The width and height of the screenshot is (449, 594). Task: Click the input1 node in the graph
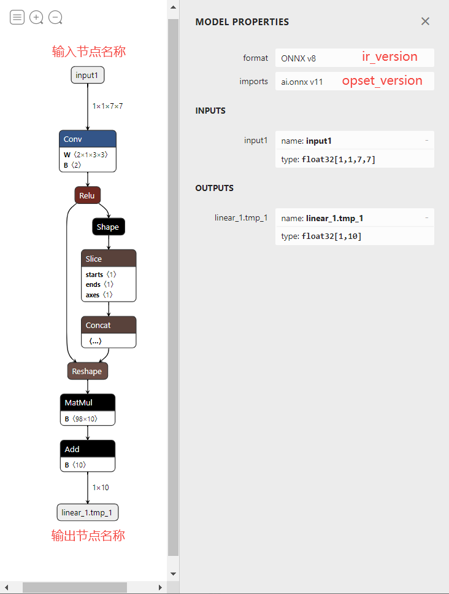point(87,75)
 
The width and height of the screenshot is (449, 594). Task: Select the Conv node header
point(87,139)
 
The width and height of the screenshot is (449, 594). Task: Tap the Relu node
point(87,195)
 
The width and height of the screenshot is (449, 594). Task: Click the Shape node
point(108,227)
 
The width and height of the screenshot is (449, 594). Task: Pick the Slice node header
point(109,259)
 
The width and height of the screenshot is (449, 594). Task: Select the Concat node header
point(109,325)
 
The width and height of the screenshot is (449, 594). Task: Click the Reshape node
point(87,371)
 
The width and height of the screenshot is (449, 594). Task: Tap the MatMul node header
point(87,402)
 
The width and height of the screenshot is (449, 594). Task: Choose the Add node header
point(87,449)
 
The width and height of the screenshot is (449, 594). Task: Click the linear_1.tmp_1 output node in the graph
point(87,512)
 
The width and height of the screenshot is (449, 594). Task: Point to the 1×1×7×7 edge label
point(108,106)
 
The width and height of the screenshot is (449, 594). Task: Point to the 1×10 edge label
point(101,488)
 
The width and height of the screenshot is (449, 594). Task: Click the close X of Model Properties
point(425,21)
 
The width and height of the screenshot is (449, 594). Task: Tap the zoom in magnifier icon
point(36,17)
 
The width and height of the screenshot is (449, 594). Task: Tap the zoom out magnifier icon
point(55,17)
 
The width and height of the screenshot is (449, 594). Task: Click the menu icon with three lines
point(17,17)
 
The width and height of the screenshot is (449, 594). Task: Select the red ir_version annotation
point(390,57)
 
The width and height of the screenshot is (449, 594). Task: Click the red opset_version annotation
point(382,80)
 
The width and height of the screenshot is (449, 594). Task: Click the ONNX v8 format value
point(298,58)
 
